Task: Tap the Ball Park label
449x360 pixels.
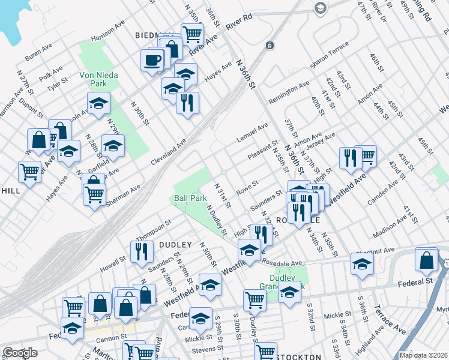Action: tap(190, 197)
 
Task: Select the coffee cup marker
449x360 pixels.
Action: tap(152, 60)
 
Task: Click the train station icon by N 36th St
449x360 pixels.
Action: tap(271, 45)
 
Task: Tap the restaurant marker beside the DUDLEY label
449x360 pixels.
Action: tap(142, 251)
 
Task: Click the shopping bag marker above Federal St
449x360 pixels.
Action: tap(426, 260)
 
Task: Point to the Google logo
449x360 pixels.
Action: tap(20, 353)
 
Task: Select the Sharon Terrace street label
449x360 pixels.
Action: tap(329, 55)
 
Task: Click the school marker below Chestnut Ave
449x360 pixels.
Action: tap(362, 264)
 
